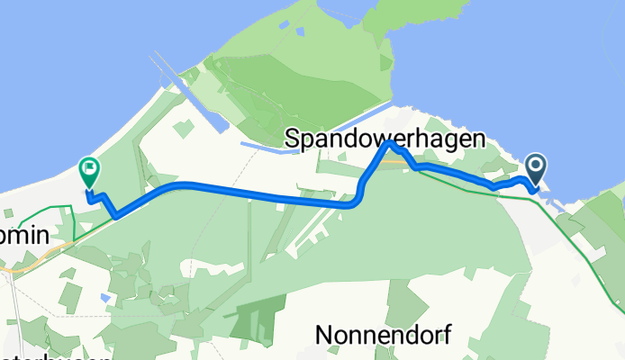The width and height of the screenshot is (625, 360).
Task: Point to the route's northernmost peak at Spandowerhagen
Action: (x=388, y=143)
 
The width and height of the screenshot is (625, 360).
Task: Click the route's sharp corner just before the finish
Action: (x=116, y=215)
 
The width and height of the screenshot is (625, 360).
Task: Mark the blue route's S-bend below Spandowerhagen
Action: (x=359, y=189)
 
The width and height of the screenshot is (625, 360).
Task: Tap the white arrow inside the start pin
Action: (x=536, y=165)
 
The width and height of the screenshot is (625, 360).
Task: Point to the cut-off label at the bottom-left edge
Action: (x=54, y=356)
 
